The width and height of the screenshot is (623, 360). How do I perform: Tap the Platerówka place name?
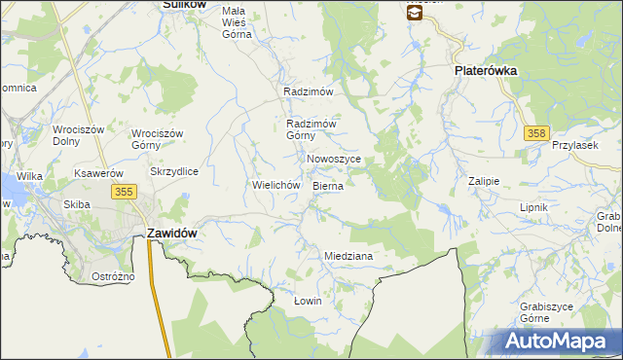[x=485, y=72]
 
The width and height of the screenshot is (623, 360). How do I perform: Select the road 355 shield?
[x=123, y=193]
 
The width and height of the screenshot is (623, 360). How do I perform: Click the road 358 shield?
[x=534, y=132]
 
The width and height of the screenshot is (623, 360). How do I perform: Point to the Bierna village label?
[x=327, y=184]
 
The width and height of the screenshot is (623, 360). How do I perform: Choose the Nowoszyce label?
[x=334, y=159]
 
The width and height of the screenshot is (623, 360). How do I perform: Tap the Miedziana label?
[x=348, y=256]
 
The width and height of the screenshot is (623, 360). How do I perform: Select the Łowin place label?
[x=308, y=301]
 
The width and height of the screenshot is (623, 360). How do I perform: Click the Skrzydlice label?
[x=174, y=171]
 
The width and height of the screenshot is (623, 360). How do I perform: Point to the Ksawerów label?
[x=96, y=173]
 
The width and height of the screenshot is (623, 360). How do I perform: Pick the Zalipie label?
[x=483, y=181]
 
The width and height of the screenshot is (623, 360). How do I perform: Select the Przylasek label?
[x=572, y=144]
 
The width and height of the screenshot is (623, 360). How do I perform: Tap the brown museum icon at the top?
[x=415, y=12]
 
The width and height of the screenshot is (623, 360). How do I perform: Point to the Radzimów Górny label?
[x=311, y=129]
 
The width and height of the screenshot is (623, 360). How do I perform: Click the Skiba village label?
[x=77, y=204]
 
